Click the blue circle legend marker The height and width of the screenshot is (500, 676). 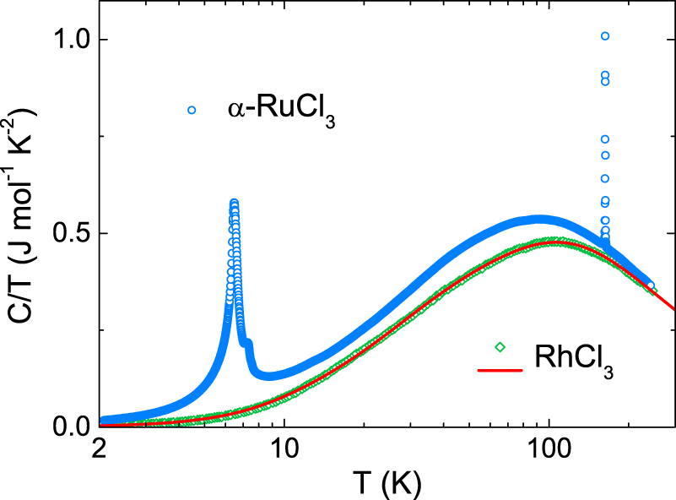pyautogui.click(x=192, y=110)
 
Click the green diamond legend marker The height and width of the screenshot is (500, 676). pyautogui.click(x=500, y=346)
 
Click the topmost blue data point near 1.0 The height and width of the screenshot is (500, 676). pyautogui.click(x=605, y=36)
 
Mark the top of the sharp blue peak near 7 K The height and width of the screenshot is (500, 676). pyautogui.click(x=234, y=203)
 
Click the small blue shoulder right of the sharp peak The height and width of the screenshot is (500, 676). pyautogui.click(x=248, y=343)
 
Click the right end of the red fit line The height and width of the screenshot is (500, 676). pyautogui.click(x=674, y=309)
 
